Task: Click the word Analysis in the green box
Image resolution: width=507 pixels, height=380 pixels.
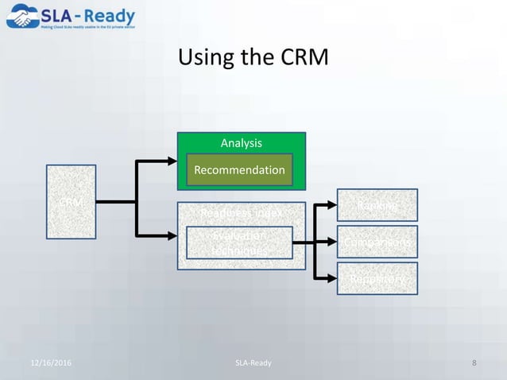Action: click(241, 143)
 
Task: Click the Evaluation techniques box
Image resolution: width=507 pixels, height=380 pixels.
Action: click(239, 242)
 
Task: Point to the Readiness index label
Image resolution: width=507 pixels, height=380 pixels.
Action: click(241, 214)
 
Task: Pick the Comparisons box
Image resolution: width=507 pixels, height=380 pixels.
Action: click(377, 242)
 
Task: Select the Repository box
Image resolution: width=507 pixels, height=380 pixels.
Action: click(377, 278)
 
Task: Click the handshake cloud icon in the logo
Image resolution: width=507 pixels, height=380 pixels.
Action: click(23, 17)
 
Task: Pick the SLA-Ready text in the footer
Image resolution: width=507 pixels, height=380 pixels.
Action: click(253, 363)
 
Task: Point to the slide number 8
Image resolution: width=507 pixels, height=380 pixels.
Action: click(474, 363)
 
